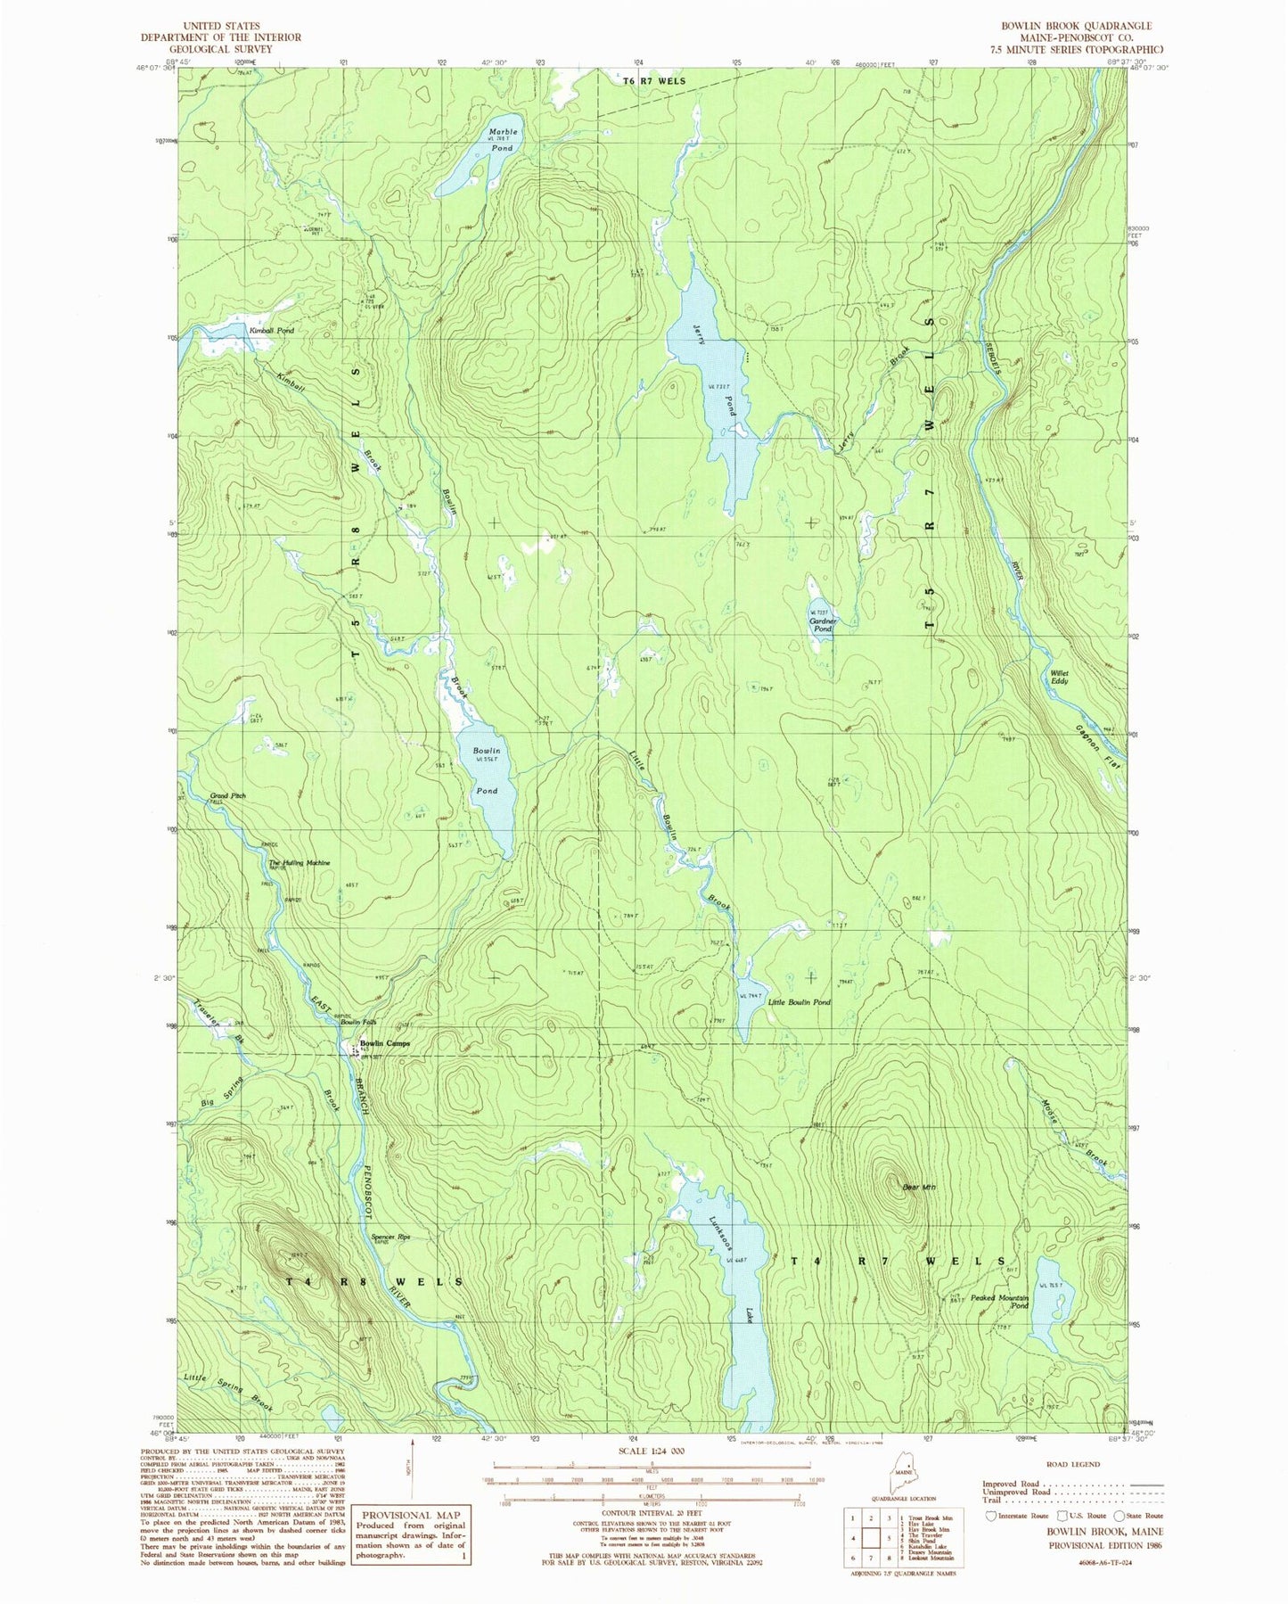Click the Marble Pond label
502,139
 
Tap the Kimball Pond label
271,331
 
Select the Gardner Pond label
823,625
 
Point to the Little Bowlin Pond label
799,1002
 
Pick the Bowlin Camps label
384,1044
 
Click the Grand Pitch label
227,795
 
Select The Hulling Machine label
299,863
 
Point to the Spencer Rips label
390,1237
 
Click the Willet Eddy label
1058,677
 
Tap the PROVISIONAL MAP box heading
411,1515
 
